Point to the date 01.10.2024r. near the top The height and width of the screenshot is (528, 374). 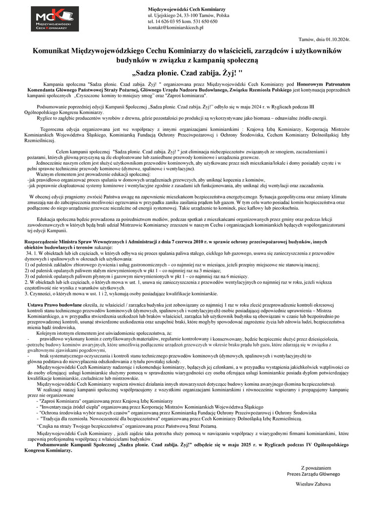click(x=337, y=39)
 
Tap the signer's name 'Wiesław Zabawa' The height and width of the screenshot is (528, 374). click(x=313, y=484)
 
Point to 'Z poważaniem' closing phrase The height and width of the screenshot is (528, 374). click(x=316, y=467)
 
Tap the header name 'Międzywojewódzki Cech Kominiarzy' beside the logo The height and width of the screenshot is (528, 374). click(x=187, y=9)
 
